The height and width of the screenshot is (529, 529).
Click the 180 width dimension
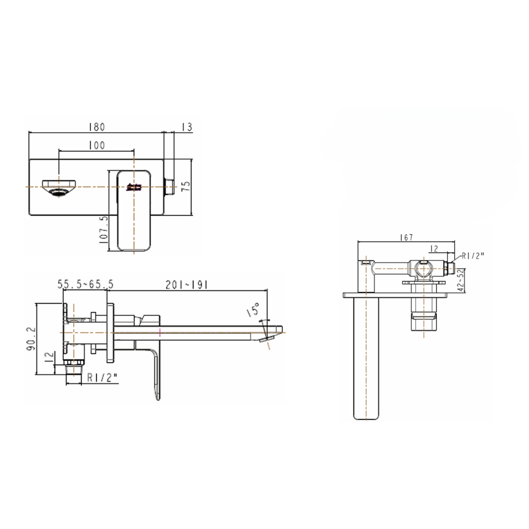tap(96, 127)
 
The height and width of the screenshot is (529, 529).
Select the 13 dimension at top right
tap(186, 127)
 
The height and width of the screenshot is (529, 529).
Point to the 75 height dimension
tap(185, 186)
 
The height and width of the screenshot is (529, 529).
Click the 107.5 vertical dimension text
tap(104, 229)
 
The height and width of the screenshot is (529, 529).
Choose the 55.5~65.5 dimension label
tap(85, 285)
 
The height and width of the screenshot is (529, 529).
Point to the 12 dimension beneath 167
tap(434, 248)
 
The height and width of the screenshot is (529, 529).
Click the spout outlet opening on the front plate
tap(59, 187)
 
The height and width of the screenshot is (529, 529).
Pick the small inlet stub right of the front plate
tap(170, 187)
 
